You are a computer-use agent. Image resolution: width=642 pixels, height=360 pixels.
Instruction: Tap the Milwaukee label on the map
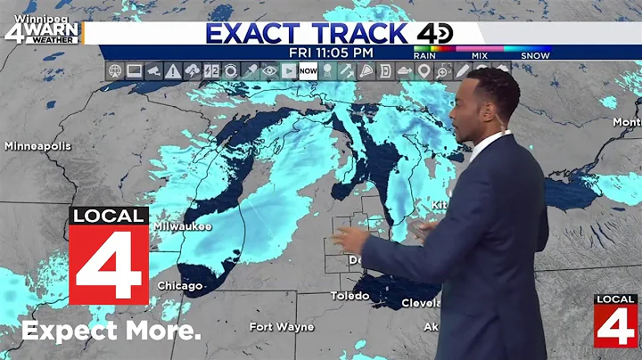coord(183,226)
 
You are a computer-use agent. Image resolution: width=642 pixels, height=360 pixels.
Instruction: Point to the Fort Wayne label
coord(282,327)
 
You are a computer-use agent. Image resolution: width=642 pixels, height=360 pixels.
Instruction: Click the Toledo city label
coord(350,295)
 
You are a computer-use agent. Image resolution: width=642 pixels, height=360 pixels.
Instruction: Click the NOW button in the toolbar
coord(308,70)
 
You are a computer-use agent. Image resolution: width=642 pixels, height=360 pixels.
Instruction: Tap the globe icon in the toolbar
coord(114,70)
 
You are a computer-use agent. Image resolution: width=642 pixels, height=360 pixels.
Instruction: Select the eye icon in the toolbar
coord(269,70)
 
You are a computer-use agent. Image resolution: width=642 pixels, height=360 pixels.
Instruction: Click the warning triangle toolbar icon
coord(172,70)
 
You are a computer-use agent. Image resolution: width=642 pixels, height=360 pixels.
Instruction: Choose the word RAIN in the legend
coord(427,56)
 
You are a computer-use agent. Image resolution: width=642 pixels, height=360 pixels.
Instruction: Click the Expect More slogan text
coord(111,331)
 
